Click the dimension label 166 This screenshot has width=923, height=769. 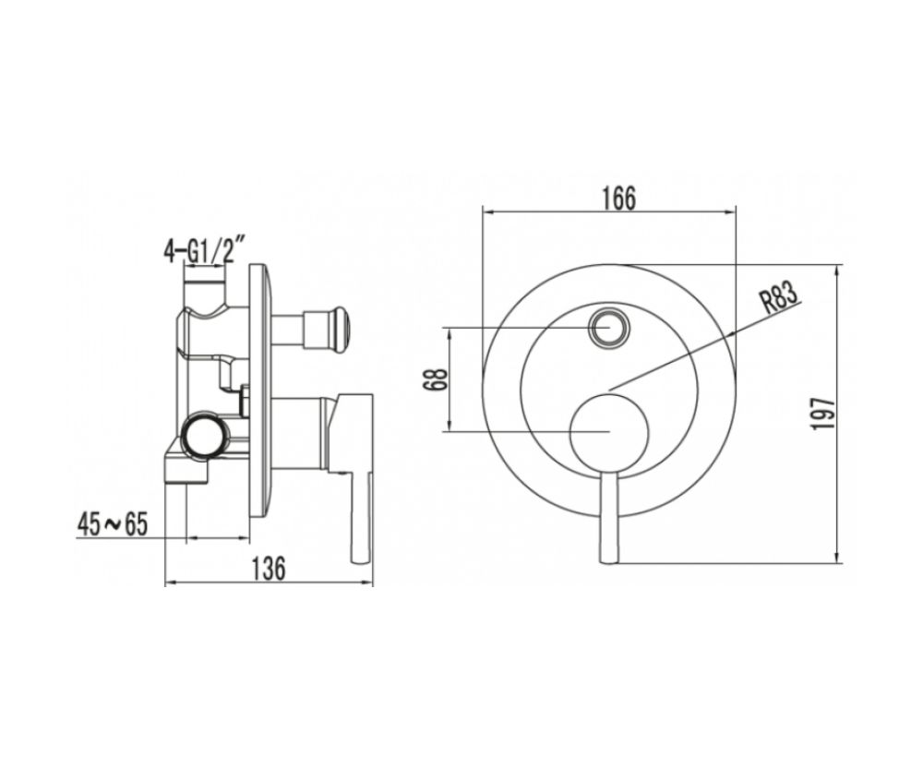pos(619,198)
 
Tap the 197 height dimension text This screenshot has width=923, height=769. pos(823,414)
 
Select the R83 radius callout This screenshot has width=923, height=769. pos(782,298)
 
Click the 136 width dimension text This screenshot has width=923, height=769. pos(269,569)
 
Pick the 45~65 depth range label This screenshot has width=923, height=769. pos(112,524)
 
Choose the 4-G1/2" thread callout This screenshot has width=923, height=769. pos(204,250)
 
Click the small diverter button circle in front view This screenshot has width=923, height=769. pos(608,328)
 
